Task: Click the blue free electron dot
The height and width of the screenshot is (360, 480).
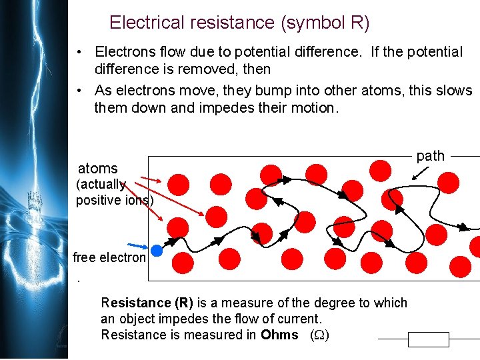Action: [157, 251]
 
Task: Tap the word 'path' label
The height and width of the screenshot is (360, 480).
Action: [430, 155]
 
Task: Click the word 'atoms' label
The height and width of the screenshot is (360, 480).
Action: [97, 169]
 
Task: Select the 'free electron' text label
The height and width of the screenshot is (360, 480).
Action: [109, 258]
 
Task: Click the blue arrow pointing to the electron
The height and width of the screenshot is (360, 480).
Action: [139, 246]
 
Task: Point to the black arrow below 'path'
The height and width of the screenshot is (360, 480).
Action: [421, 171]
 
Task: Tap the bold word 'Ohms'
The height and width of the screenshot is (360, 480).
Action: [279, 335]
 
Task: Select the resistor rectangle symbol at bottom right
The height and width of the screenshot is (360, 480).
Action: [429, 339]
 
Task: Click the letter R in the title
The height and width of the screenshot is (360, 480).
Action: [355, 23]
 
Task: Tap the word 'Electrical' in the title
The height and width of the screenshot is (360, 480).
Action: [145, 23]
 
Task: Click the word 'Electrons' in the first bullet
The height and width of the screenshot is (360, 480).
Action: [125, 52]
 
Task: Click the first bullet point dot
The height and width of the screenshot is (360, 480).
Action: [79, 53]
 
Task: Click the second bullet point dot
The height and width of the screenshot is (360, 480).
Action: [79, 91]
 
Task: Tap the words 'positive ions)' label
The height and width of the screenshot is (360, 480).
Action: [115, 200]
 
